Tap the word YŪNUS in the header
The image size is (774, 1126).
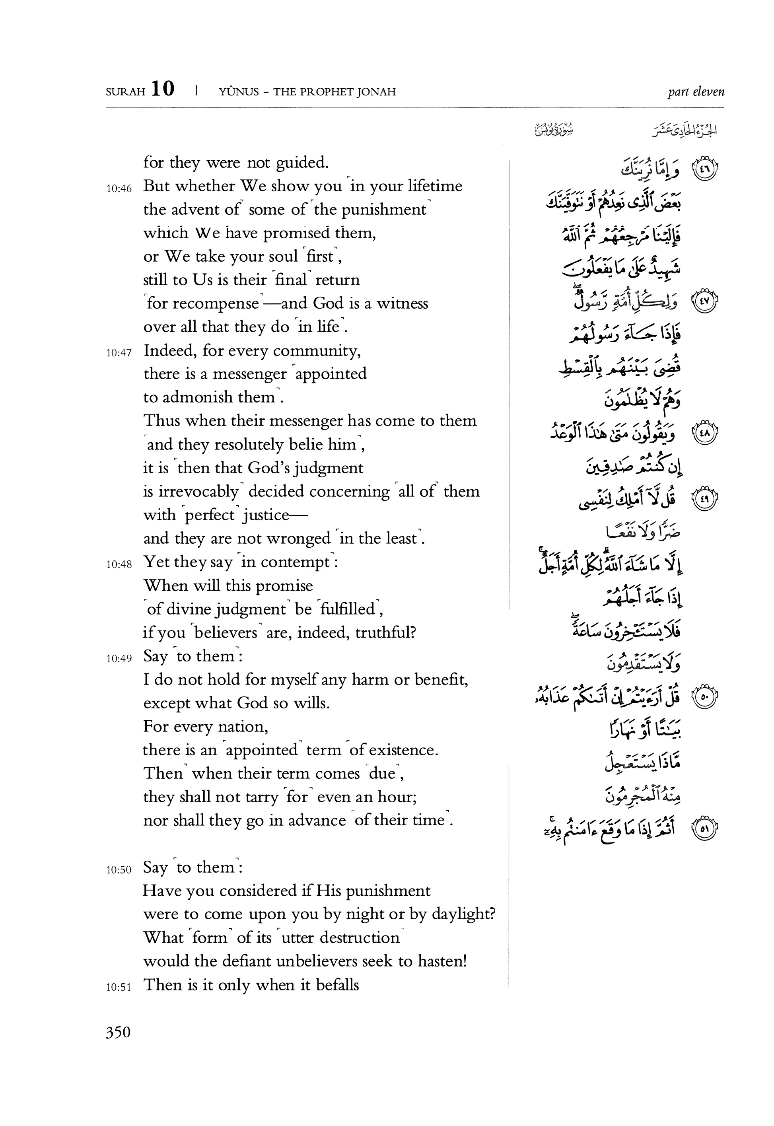239,91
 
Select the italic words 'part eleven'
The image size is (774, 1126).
695,91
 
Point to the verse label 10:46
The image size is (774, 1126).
119,189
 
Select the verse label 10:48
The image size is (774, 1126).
119,564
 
